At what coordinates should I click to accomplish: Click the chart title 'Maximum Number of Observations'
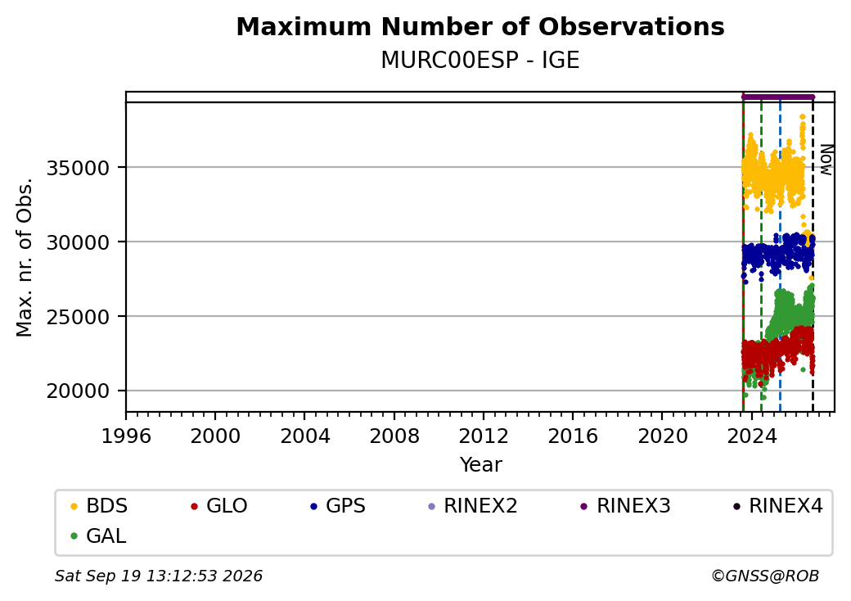[480, 26]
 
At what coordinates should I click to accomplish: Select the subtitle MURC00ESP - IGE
[480, 60]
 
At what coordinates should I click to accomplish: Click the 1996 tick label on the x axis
[126, 436]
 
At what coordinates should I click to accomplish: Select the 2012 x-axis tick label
[484, 436]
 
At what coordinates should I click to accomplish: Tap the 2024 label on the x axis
[752, 436]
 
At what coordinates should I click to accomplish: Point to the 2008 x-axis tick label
[394, 436]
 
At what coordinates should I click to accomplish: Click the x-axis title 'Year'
[481, 465]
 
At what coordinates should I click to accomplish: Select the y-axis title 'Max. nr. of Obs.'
[25, 257]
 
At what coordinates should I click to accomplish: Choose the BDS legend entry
[99, 506]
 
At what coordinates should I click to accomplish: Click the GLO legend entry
[218, 506]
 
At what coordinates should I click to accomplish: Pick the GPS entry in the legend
[339, 506]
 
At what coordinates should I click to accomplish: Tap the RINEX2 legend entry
[472, 506]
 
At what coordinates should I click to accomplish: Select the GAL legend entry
[98, 535]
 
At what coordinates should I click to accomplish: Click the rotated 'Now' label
[826, 160]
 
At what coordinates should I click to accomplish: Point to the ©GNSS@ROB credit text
[765, 576]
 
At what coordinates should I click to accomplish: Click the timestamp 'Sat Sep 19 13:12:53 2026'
[159, 576]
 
